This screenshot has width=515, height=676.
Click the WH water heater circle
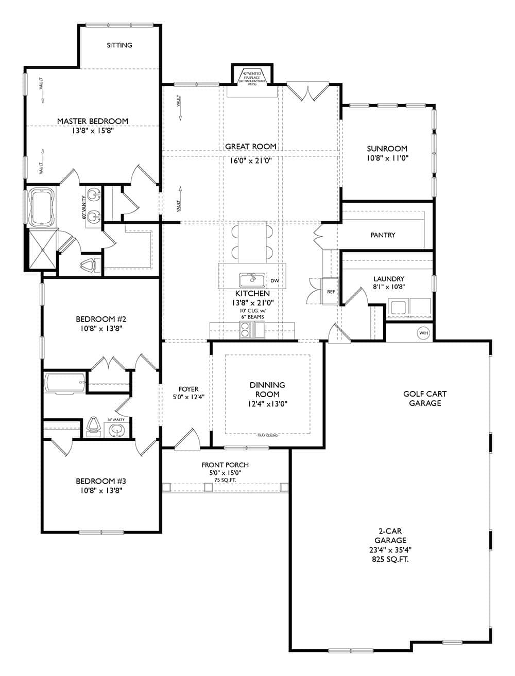click(423, 333)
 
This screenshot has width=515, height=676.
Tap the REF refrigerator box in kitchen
click(331, 292)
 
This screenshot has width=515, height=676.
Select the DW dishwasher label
click(274, 281)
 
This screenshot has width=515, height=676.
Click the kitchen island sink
click(252, 280)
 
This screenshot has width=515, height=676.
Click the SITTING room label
click(119, 45)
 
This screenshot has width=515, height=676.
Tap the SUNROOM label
click(387, 149)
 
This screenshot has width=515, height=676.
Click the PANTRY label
click(383, 235)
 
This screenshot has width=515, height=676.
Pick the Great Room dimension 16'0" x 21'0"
click(251, 160)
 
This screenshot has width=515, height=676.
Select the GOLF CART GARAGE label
click(425, 399)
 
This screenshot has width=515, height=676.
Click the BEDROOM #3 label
click(101, 481)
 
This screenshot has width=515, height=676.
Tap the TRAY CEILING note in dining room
click(268, 436)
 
